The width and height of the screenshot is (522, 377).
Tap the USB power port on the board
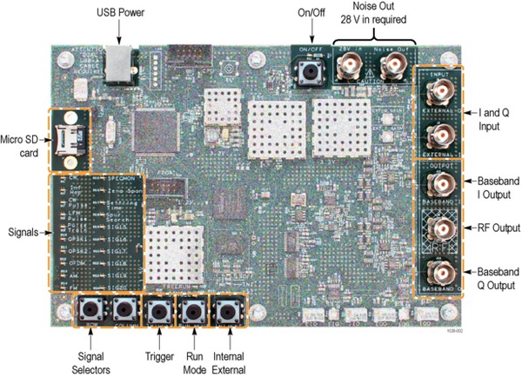pyautogui.click(x=118, y=60)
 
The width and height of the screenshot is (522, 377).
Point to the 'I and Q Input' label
pyautogui.click(x=494, y=119)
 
